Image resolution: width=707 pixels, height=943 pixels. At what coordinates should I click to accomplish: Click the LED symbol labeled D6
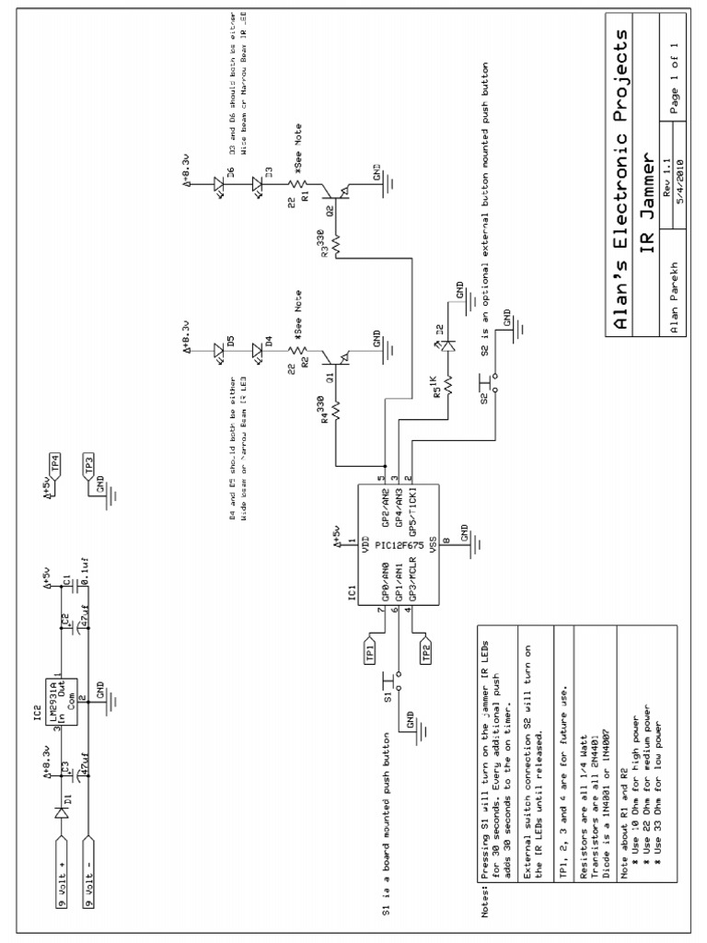(220, 182)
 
